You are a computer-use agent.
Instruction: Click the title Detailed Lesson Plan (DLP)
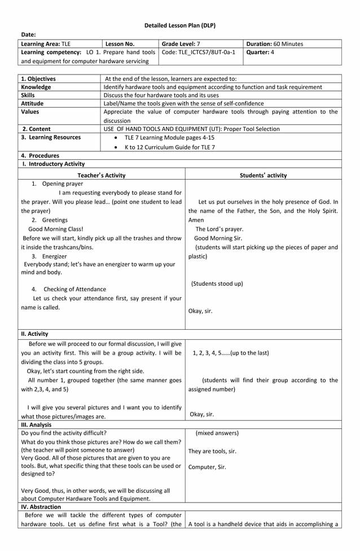[179, 25]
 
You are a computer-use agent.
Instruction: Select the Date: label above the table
[29, 35]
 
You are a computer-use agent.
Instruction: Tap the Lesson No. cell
[120, 43]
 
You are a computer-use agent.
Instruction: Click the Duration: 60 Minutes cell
[275, 43]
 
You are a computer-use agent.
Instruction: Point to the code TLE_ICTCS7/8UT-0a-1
[199, 52]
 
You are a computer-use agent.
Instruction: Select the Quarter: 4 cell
[260, 52]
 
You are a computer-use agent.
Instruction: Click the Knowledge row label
[36, 87]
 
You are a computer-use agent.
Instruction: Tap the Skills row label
[28, 95]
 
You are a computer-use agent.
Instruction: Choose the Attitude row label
[33, 103]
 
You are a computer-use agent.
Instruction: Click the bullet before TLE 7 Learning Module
[116, 138]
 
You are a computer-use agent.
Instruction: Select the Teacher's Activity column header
[102, 176]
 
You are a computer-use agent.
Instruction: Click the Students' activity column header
[263, 176]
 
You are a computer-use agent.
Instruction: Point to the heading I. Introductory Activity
[53, 164]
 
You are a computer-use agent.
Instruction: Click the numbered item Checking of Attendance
[74, 289]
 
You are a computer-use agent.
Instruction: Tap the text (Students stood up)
[217, 283]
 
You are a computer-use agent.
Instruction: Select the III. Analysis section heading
[36, 425]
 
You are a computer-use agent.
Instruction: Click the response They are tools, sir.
[212, 451]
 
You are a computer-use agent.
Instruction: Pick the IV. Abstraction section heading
[41, 507]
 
